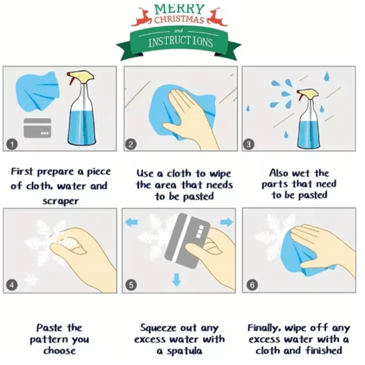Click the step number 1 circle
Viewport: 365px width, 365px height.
click(x=12, y=144)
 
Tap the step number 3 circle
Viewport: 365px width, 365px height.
click(x=249, y=144)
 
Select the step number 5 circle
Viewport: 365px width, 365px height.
click(x=131, y=285)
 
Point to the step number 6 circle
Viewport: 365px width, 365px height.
click(x=252, y=285)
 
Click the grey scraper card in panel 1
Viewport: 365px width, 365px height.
click(x=37, y=128)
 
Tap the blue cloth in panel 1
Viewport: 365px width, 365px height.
click(x=37, y=91)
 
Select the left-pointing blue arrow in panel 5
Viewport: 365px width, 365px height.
click(x=131, y=222)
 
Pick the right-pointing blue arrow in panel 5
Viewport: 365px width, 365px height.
click(x=227, y=222)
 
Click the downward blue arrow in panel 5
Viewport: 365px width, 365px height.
click(x=177, y=280)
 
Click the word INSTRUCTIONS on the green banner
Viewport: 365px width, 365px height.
click(x=181, y=42)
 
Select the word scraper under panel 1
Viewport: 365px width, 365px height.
click(x=61, y=201)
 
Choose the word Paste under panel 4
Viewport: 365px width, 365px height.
click(x=49, y=328)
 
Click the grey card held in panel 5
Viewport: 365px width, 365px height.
click(x=187, y=241)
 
